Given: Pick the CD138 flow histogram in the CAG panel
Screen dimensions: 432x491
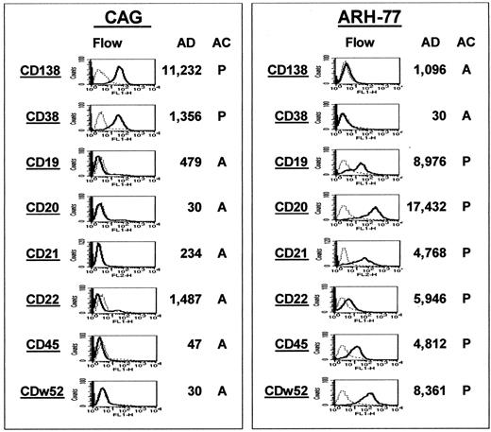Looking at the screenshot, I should [118, 71].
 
